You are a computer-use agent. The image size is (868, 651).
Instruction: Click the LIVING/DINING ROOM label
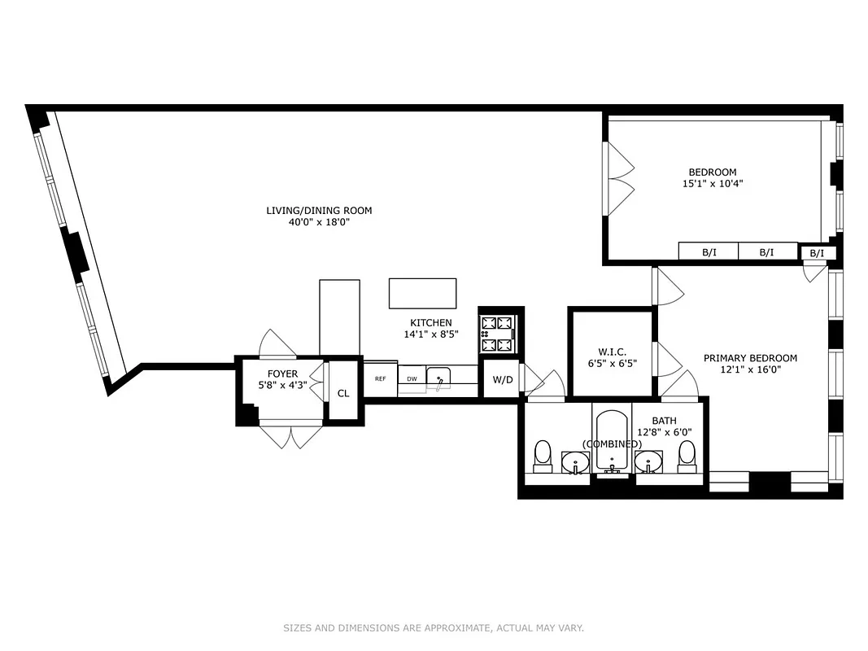[x=319, y=211]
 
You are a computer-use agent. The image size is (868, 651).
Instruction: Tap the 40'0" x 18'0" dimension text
[x=319, y=222]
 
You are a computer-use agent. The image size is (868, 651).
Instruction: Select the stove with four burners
[x=498, y=334]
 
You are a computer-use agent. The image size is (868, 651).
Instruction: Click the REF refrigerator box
[x=380, y=379]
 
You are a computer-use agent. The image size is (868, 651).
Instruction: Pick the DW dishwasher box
[x=412, y=379]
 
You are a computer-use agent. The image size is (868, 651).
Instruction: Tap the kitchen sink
[x=438, y=378]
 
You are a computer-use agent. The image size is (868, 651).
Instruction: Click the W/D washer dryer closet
[x=502, y=380]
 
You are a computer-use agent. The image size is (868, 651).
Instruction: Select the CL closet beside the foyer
[x=343, y=393]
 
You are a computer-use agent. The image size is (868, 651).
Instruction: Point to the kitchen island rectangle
[x=422, y=293]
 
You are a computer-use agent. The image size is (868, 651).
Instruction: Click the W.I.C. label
[x=610, y=352]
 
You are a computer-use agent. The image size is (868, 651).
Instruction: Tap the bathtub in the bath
[x=612, y=439]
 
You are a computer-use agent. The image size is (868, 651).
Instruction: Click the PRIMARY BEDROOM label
[x=750, y=358]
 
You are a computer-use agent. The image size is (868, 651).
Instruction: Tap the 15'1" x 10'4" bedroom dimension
[x=713, y=184]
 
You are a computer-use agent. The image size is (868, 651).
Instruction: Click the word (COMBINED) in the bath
[x=612, y=444]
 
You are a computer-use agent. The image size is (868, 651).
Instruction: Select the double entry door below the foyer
[x=290, y=436]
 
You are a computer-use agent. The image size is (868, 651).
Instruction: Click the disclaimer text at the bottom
[x=434, y=628]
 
